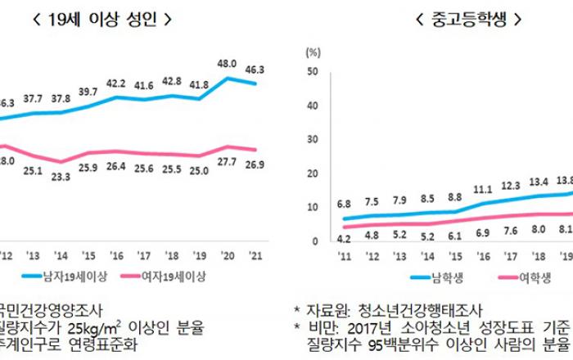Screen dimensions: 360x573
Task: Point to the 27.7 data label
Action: coord(227,164)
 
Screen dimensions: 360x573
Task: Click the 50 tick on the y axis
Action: coord(312,72)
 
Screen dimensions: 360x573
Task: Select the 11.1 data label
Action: coord(482,190)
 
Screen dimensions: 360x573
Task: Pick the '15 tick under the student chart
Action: coord(454,255)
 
